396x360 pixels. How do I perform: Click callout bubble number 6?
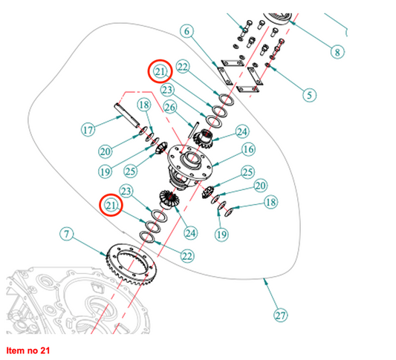tap(186, 31)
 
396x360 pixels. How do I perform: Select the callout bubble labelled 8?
tap(337, 52)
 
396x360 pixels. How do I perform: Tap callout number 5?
tap(309, 95)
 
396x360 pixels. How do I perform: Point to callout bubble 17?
tap(88, 130)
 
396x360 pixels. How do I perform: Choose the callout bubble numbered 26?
tap(170, 107)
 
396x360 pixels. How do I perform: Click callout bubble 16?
tap(248, 149)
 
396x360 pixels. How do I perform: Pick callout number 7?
tap(66, 234)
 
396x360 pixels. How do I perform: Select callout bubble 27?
tap(280, 315)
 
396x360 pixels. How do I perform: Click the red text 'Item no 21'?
tap(28, 350)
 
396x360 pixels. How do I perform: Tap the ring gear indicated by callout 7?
tap(132, 264)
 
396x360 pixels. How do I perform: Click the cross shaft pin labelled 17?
tap(127, 115)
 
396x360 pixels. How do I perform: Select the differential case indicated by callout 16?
tap(190, 166)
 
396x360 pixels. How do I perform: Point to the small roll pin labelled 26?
tap(194, 130)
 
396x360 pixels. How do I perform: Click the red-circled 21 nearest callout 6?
tap(160, 72)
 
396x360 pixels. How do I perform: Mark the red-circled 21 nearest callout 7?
tap(111, 206)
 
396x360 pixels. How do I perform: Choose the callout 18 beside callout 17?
tap(144, 105)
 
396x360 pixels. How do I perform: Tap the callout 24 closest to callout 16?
tap(242, 131)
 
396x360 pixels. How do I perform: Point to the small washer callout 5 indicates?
tap(267, 65)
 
